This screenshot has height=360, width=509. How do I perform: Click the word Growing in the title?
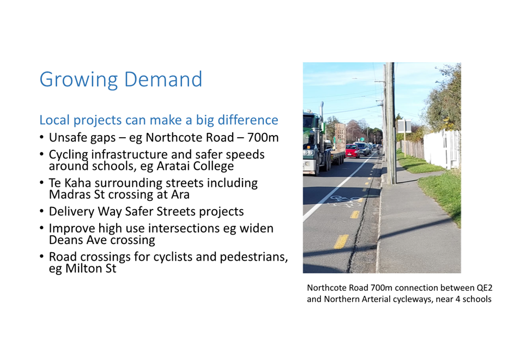coord(78,80)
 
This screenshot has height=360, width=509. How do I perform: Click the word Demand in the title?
coord(163,79)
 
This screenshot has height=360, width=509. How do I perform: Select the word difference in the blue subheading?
coord(248,120)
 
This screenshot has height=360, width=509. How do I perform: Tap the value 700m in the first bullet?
coord(263,137)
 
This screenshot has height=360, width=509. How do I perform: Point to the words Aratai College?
coord(195,166)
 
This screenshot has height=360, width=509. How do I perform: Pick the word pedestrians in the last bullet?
coord(254,257)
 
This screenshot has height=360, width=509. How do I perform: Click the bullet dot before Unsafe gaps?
coord(41,137)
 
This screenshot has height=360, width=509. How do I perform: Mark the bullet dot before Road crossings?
coord(41,257)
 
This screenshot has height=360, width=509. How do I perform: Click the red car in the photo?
coord(352,151)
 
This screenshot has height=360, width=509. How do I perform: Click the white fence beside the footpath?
coord(442,149)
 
